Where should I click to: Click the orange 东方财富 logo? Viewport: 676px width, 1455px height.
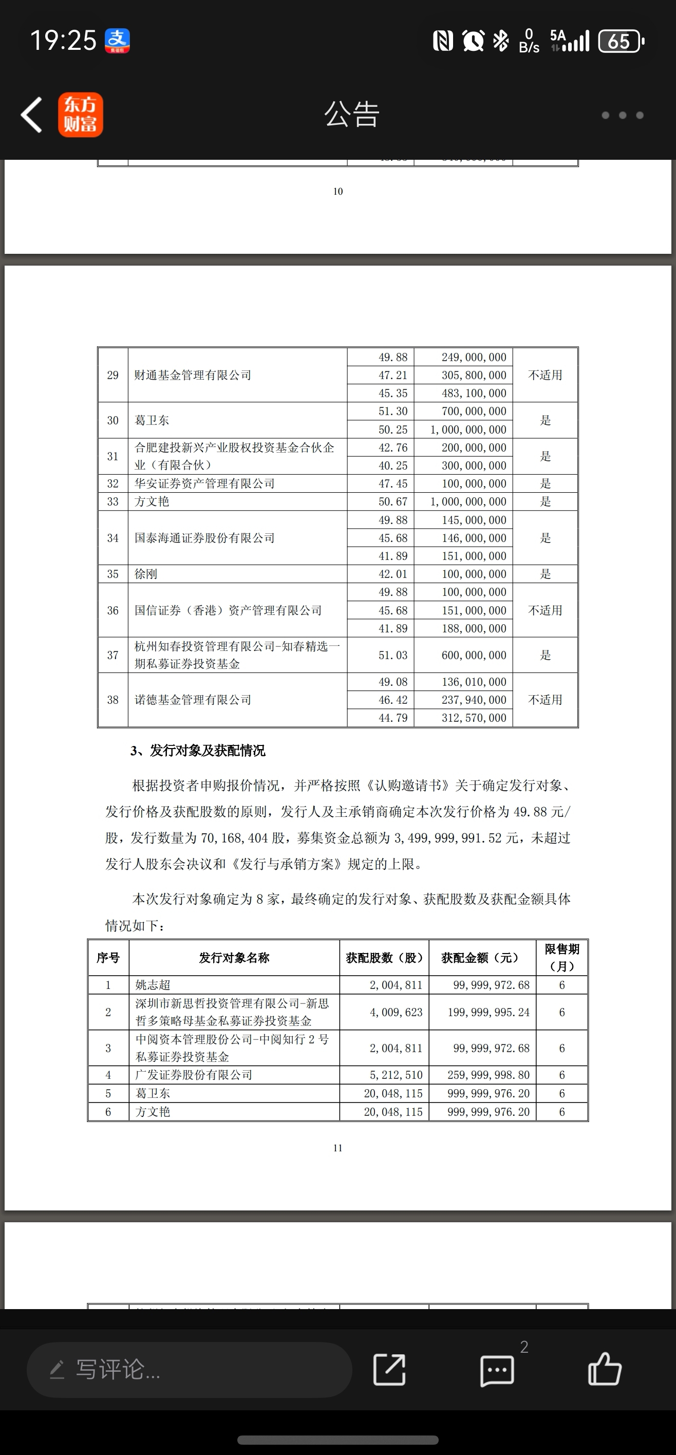point(80,115)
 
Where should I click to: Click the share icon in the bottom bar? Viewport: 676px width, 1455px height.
point(389,1369)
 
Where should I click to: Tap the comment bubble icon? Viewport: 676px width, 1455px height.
point(497,1370)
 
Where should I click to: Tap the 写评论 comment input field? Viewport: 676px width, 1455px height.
point(189,1369)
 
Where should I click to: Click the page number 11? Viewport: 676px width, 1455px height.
point(337,1148)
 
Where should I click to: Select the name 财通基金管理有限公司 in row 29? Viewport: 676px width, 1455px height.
point(193,375)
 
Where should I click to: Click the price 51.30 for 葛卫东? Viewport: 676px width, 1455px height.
point(392,411)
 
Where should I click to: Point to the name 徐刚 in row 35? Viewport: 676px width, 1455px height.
point(146,574)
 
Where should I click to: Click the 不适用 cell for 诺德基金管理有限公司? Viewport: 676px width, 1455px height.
point(545,700)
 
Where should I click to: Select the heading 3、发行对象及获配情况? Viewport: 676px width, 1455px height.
point(198,751)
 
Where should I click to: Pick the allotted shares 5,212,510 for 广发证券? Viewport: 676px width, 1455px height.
point(396,1075)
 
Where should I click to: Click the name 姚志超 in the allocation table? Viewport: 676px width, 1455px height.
point(153,985)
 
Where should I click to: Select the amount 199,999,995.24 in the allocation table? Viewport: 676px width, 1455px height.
point(489,1012)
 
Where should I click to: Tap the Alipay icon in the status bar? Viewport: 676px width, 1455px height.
point(117,41)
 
